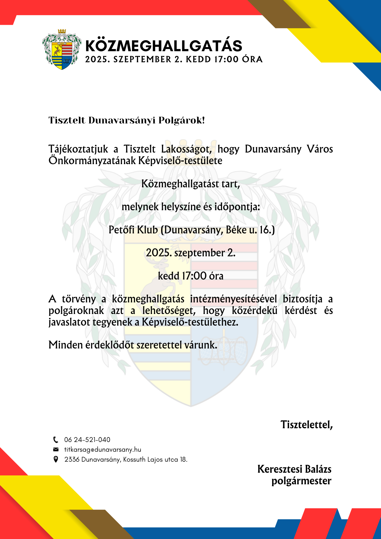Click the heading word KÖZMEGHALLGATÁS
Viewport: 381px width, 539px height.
pos(164,46)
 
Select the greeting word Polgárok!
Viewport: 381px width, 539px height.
pos(182,120)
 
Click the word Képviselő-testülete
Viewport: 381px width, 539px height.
pos(180,161)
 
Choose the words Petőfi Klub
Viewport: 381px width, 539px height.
pos(133,230)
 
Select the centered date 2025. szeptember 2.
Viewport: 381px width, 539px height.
pos(190,253)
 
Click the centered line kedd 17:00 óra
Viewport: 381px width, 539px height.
pos(190,276)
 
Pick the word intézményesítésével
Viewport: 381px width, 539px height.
pos(233,299)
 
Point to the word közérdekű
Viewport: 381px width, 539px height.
pos(255,311)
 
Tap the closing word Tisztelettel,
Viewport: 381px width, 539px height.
pos(307,425)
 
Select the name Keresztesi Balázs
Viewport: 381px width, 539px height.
pos(294,469)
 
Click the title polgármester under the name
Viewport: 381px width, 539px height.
pos(301,481)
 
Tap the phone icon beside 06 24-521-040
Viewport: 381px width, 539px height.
pos(56,440)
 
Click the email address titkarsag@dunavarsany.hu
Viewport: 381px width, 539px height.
pos(103,450)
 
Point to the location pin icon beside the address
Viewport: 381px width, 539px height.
pos(56,459)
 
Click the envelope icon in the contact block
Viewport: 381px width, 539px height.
pos(56,450)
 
